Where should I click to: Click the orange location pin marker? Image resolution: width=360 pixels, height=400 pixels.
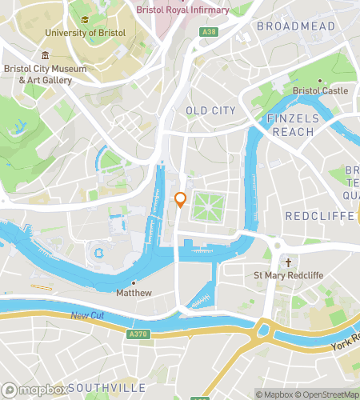pyautogui.click(x=180, y=200)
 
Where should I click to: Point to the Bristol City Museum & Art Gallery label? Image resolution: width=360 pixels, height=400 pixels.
pyautogui.click(x=46, y=74)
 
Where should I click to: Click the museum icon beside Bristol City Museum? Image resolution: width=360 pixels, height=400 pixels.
pyautogui.click(x=46, y=56)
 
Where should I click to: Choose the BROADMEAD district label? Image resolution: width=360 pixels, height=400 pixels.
pyautogui.click(x=295, y=26)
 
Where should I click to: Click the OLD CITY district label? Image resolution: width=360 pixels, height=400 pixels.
pyautogui.click(x=211, y=110)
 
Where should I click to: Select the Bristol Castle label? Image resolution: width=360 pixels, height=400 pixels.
pyautogui.click(x=321, y=90)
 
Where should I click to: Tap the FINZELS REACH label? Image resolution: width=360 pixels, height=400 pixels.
pyautogui.click(x=293, y=125)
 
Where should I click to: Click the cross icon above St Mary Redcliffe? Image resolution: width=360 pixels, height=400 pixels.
pyautogui.click(x=287, y=262)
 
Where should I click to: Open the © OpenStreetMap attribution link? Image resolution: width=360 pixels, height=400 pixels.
pyautogui.click(x=329, y=394)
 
